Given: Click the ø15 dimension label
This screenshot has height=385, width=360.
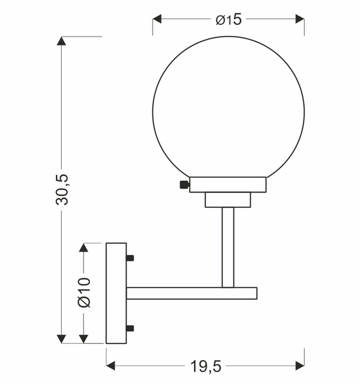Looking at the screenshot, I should coord(228,20).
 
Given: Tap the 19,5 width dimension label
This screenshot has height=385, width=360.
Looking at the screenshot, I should coord(205,366).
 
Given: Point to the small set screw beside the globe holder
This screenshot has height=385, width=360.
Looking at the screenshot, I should coord(184,185).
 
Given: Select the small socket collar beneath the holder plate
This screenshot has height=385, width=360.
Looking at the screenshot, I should coord(228,200).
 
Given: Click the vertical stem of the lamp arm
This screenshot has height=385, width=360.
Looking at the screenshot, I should coord(228,247).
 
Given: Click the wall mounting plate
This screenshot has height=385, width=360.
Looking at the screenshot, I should coord(116,292).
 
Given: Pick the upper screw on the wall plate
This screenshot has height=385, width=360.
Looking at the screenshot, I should coord(130,258).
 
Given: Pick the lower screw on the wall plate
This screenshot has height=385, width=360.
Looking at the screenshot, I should coord(130,329).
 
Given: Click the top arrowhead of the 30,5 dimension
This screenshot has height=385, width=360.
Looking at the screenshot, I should coord(62,41).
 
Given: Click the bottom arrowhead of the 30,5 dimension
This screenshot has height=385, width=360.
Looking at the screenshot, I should coord(62,338).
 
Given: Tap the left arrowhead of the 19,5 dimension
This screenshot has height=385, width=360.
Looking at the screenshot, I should coord(110,366).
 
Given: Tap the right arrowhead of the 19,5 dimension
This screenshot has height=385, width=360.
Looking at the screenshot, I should coord(300,366).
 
